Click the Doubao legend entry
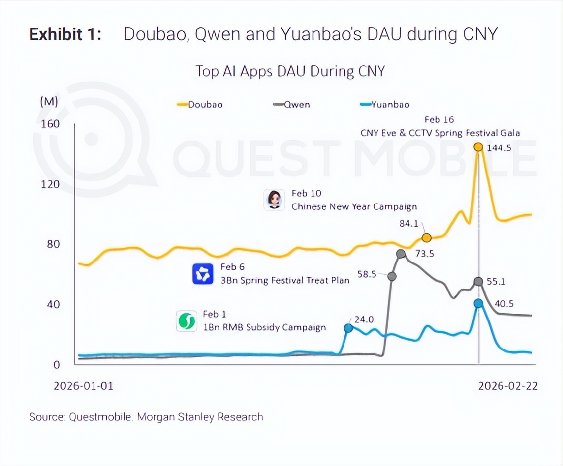pyautogui.click(x=199, y=104)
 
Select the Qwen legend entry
pyautogui.click(x=291, y=104)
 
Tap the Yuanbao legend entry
pyautogui.click(x=384, y=104)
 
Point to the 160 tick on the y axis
pyautogui.click(x=49, y=123)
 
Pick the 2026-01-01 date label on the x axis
pyautogui.click(x=83, y=386)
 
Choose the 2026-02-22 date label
pyautogui.click(x=508, y=386)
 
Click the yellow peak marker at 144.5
pyautogui.click(x=478, y=146)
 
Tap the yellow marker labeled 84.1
pyautogui.click(x=427, y=238)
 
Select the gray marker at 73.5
pyautogui.click(x=401, y=254)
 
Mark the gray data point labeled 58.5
pyautogui.click(x=392, y=276)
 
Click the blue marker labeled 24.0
pyautogui.click(x=348, y=328)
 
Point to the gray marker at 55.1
pyautogui.click(x=478, y=281)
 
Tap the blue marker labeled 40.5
pyautogui.click(x=478, y=303)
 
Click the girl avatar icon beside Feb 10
pyautogui.click(x=274, y=200)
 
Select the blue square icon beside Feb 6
pyautogui.click(x=203, y=274)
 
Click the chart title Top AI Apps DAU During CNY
pyautogui.click(x=290, y=71)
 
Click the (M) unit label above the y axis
pyautogui.click(x=49, y=102)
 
